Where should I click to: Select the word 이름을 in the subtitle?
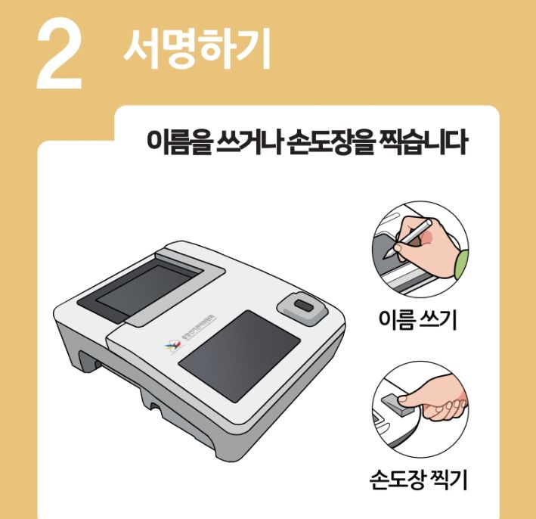176,143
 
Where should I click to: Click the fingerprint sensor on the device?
300,306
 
